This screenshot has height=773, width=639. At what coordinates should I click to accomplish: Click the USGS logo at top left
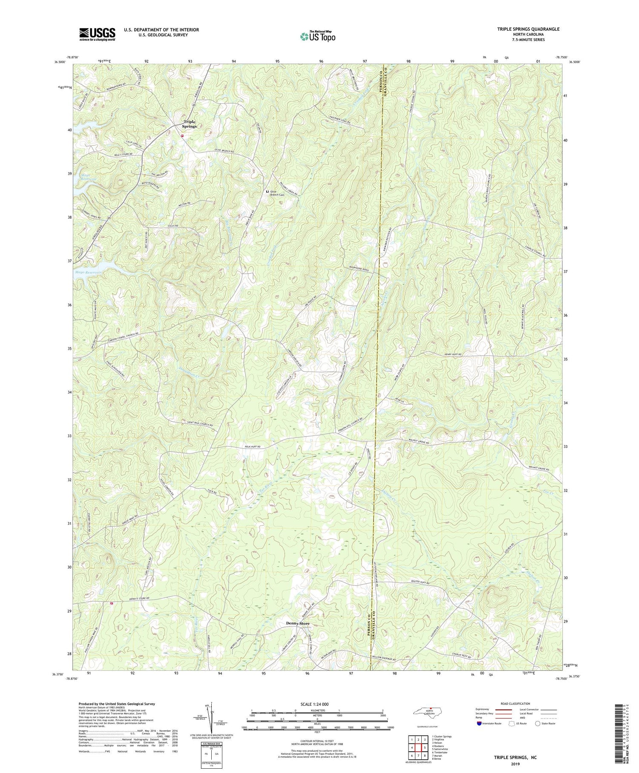pos(97,34)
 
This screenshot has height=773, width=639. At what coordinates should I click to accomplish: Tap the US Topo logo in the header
pos(317,36)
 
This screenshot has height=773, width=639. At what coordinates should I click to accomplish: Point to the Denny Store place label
pos(297,623)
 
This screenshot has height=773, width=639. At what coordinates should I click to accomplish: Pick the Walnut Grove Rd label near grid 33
pos(419,442)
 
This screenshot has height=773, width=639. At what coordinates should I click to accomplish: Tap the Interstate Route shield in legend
pos(479,724)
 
